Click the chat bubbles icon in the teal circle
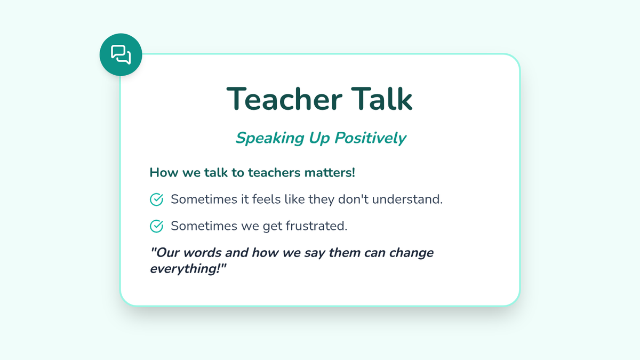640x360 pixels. tap(121, 54)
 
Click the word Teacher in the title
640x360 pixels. tap(284, 99)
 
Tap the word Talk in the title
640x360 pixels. tap(382, 98)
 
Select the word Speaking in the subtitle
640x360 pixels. tap(270, 139)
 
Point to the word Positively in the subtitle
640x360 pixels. tap(370, 138)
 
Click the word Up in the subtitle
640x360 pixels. tap(319, 139)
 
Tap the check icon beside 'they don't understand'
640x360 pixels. tap(157, 199)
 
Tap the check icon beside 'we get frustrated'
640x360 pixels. tap(157, 226)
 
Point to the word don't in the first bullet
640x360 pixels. tap(354, 199)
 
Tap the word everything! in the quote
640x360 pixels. tap(188, 269)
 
